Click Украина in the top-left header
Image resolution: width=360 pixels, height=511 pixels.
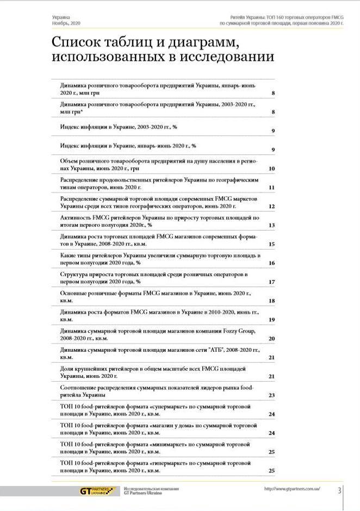pyautogui.click(x=61, y=17)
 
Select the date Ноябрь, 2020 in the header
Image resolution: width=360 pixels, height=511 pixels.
pyautogui.click(x=66, y=23)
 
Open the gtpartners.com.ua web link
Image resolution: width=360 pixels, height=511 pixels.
pyautogui.click(x=291, y=489)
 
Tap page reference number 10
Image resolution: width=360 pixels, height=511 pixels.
pyautogui.click(x=271, y=169)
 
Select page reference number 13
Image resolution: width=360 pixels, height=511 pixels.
pyautogui.click(x=271, y=225)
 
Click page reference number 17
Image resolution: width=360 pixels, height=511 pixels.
pyautogui.click(x=271, y=282)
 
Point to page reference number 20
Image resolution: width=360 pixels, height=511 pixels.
pyautogui.click(x=271, y=339)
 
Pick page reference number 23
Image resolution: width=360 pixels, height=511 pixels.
pyautogui.click(x=271, y=395)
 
